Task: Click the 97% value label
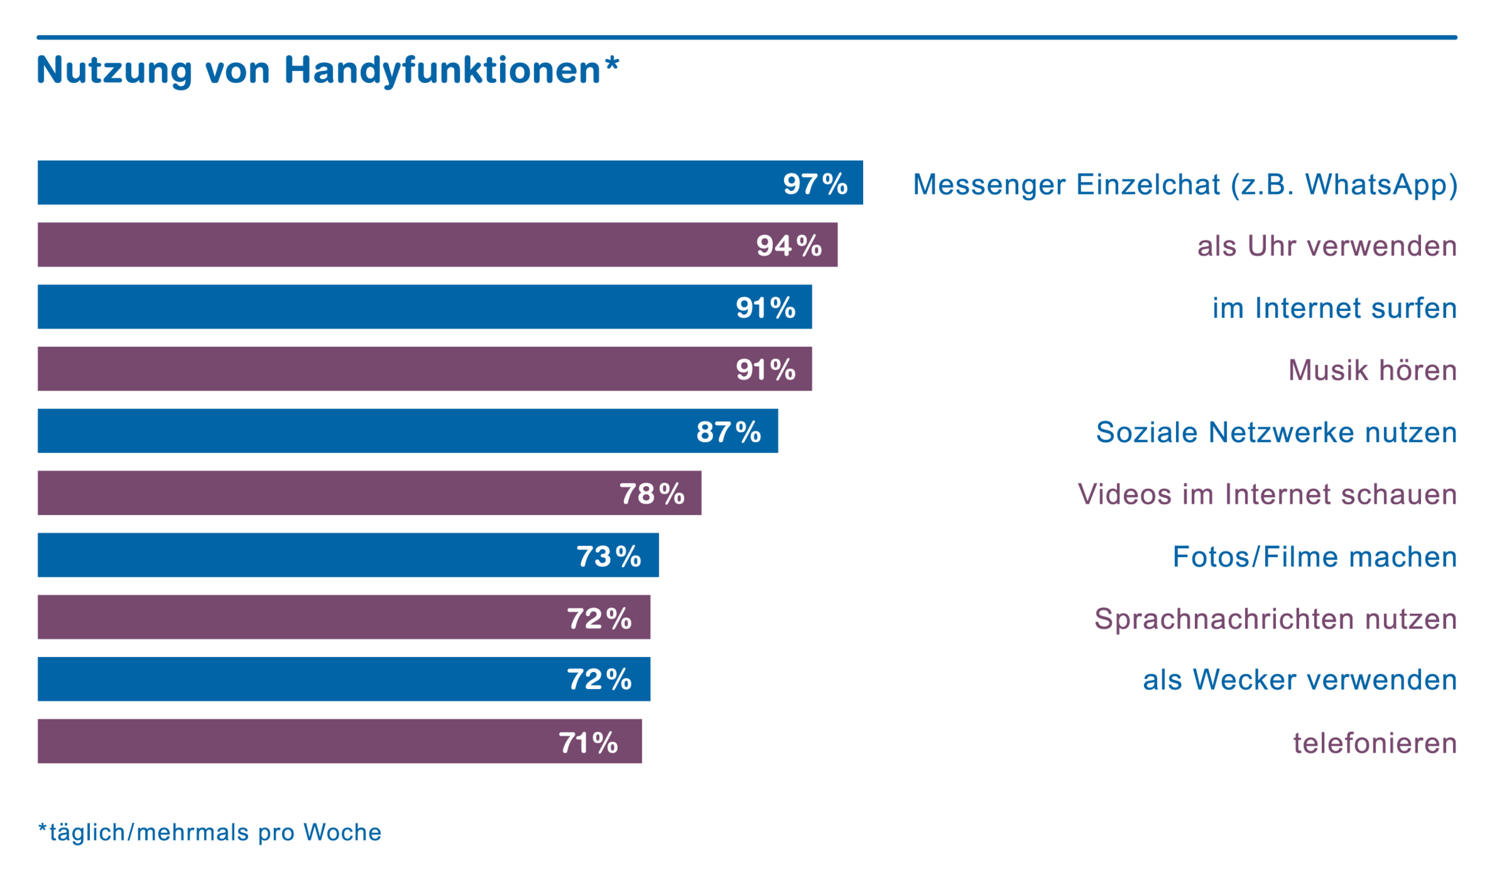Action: coord(815,184)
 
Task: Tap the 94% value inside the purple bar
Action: coord(789,246)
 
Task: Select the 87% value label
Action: coord(728,432)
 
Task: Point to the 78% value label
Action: coord(652,494)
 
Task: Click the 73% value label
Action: coord(608,556)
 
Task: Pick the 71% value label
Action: coord(588,743)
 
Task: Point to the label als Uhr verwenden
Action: coord(1326,246)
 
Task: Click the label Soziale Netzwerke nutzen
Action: coord(1276,432)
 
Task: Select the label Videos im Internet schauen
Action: coord(1267,494)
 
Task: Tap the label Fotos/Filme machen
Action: coord(1315,557)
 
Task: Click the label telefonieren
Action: coord(1374,743)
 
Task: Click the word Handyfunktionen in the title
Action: coord(442,70)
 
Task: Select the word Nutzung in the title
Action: coord(114,70)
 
